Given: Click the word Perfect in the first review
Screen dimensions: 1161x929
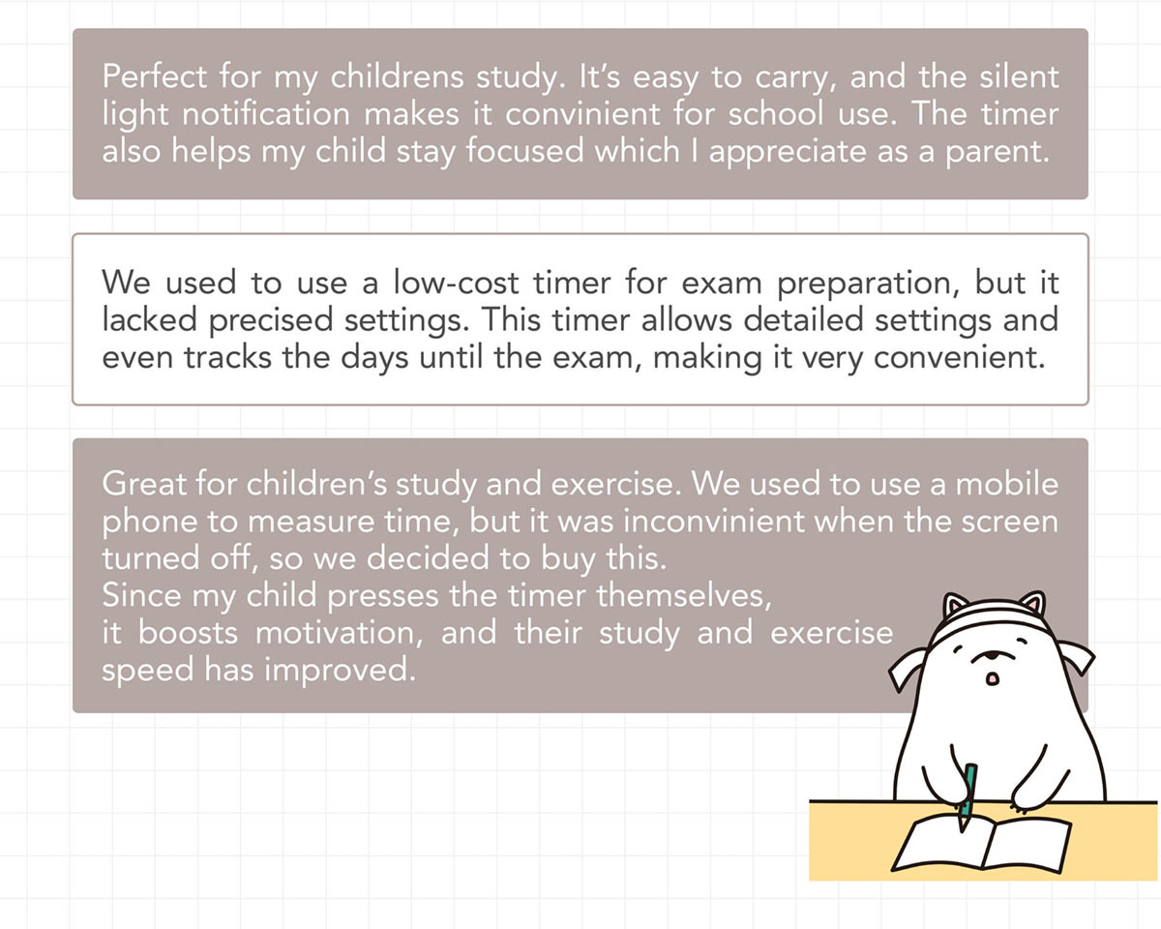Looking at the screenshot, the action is point(154,76).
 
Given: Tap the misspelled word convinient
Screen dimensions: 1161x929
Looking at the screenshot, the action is point(582,114).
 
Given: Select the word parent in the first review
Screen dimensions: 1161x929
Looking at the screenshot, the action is point(997,152).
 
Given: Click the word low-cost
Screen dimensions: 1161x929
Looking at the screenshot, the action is point(457,282).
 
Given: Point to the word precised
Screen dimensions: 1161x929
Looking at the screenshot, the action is point(271,320).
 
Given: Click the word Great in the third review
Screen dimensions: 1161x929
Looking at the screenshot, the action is point(144,483).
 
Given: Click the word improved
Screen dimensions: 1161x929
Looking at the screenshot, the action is point(340,671).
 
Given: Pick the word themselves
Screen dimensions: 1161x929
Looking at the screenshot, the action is point(684,595).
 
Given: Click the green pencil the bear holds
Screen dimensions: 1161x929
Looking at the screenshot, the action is point(967,795).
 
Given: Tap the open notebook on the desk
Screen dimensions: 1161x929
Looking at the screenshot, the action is point(981,844).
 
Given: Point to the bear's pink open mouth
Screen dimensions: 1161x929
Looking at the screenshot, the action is point(992,678).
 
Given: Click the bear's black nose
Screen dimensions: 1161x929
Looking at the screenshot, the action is point(992,655).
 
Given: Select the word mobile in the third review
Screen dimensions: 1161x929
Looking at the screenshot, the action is point(1007,483).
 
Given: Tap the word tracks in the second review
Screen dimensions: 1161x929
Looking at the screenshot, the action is point(227,357).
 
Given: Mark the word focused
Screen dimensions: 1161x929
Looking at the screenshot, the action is point(525,150).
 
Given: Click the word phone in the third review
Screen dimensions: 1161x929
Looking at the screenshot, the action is point(149,523).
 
